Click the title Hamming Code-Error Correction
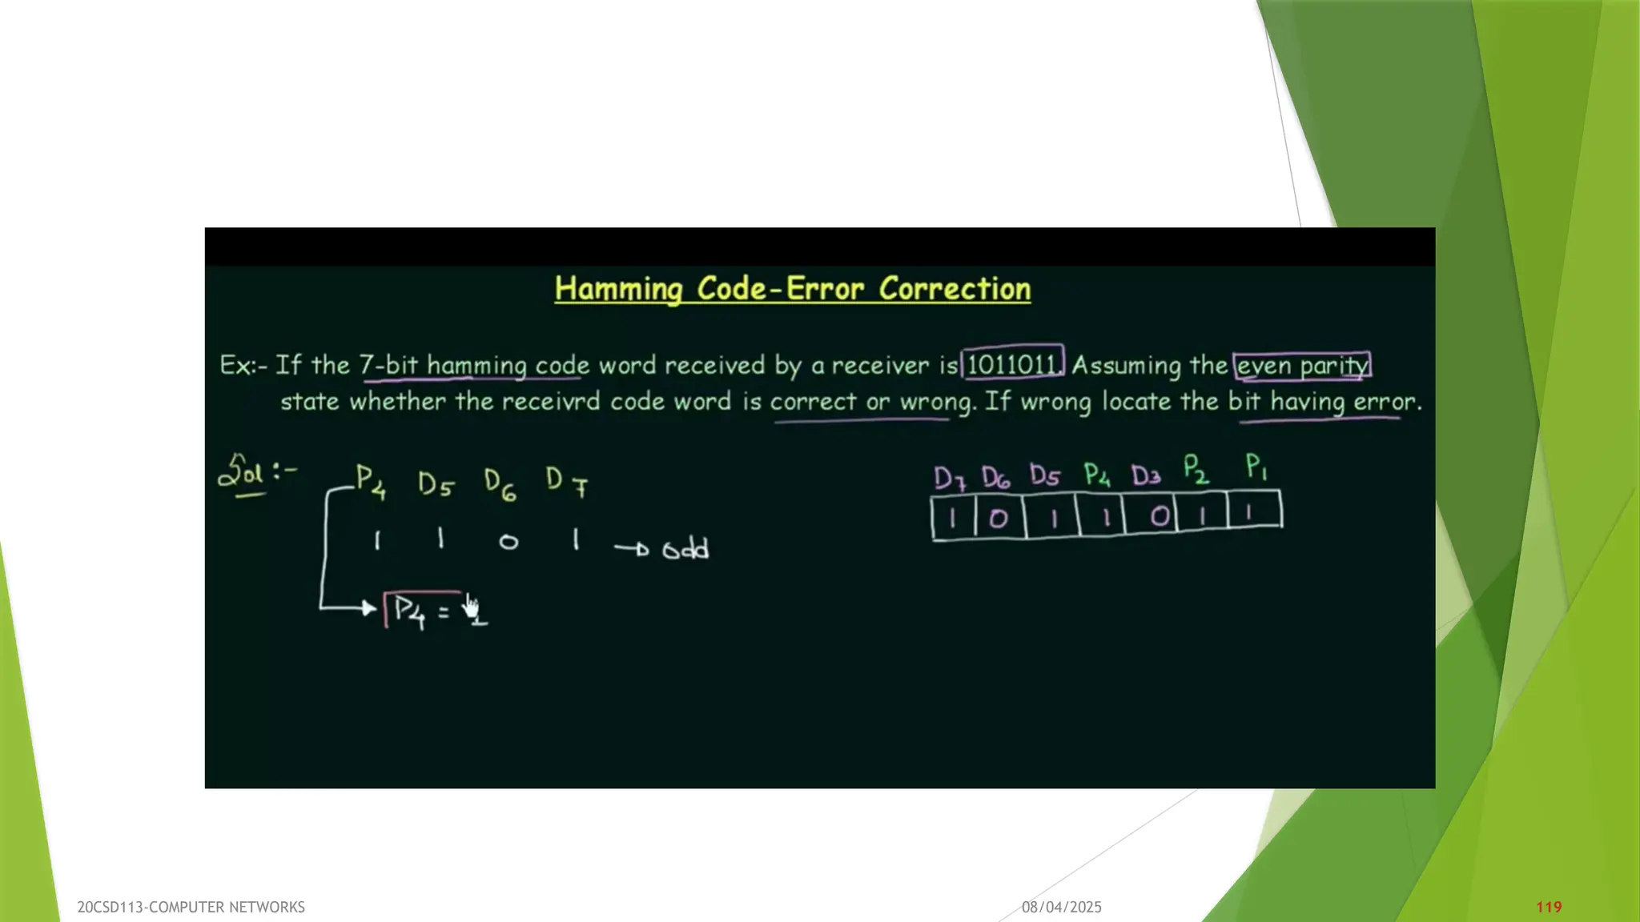coord(792,289)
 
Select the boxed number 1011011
coord(1012,365)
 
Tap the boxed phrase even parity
coord(1302,366)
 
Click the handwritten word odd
coord(685,549)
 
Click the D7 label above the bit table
coord(950,478)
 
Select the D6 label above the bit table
coord(996,478)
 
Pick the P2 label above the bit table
coord(1196,470)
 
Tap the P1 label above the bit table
coord(1256,467)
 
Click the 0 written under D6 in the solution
coord(508,542)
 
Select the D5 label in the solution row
coord(436,483)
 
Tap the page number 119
coord(1549,907)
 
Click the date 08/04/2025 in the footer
coord(1061,907)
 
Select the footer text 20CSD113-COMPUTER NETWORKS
coord(191,907)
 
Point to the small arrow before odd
coord(632,548)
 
